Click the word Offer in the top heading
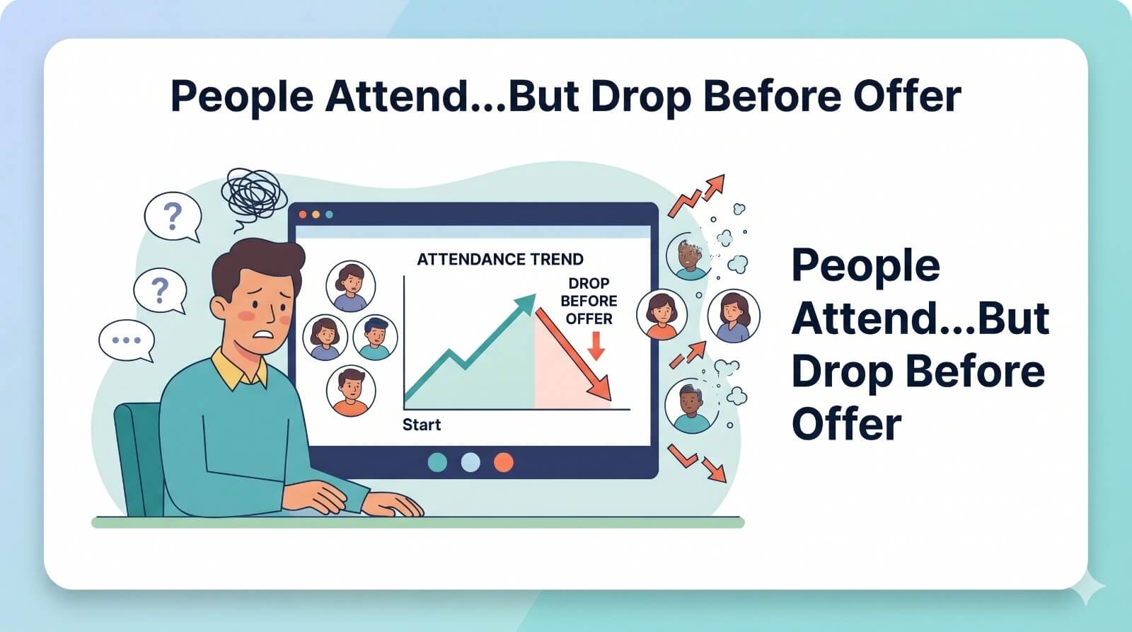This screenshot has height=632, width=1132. tap(908, 96)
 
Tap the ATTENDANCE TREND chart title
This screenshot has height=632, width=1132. tap(499, 259)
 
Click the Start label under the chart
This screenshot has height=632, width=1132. tap(422, 425)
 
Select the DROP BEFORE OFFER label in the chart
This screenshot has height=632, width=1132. tap(589, 301)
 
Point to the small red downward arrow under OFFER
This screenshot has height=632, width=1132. tap(596, 346)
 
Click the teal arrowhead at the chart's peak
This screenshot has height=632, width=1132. tap(526, 303)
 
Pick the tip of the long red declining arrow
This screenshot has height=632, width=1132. tap(611, 401)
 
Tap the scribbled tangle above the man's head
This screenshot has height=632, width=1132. tap(254, 198)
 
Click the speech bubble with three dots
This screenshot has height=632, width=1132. tap(127, 341)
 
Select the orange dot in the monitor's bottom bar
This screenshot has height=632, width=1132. tap(503, 463)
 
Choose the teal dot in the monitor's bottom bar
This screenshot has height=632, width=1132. tap(438, 463)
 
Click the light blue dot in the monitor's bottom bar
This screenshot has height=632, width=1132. tap(470, 463)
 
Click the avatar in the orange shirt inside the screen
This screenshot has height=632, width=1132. tap(351, 391)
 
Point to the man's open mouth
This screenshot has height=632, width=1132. tap(264, 335)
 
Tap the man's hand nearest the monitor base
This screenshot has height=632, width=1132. tap(392, 504)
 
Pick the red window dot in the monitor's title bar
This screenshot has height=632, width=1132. tap(303, 214)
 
